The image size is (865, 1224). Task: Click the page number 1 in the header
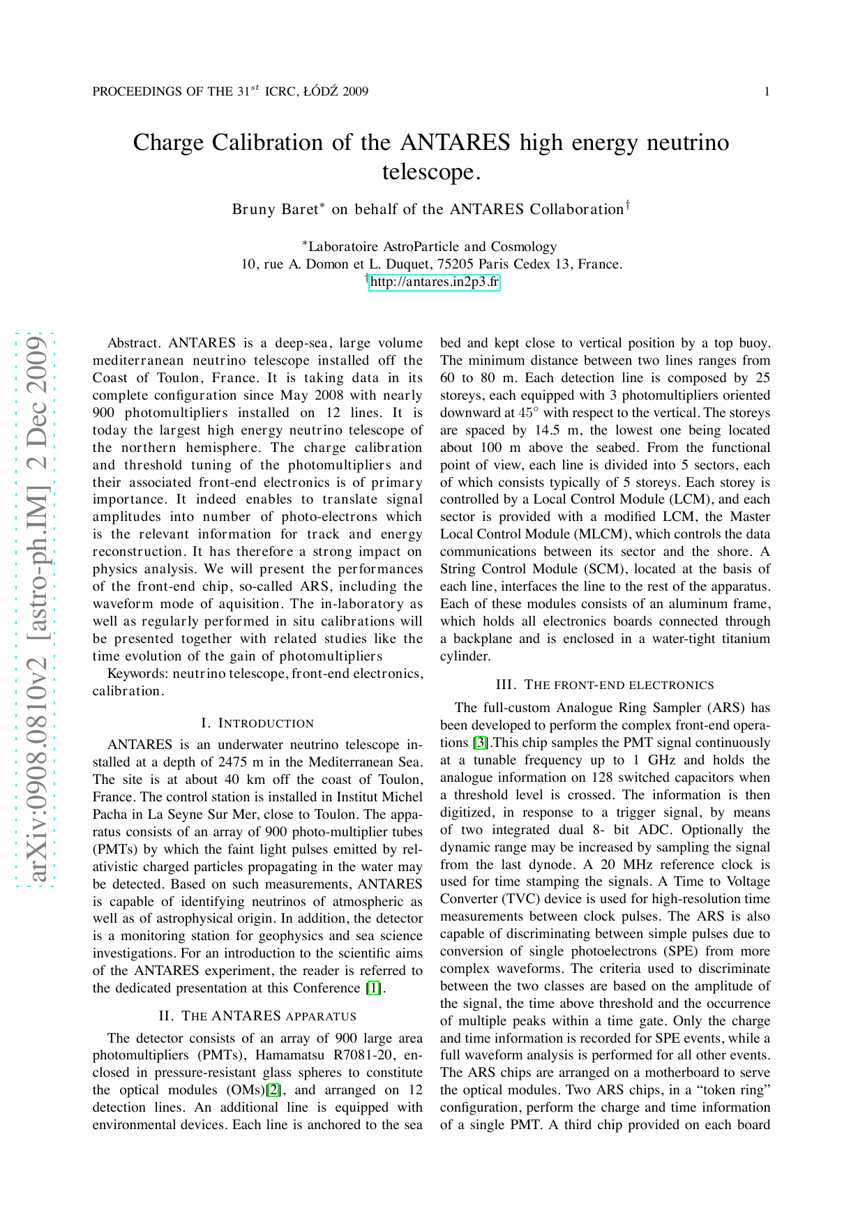(x=767, y=92)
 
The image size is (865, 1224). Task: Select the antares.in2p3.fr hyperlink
(x=434, y=282)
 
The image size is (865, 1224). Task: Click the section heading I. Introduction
(x=257, y=723)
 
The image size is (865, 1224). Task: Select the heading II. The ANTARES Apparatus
(x=257, y=1016)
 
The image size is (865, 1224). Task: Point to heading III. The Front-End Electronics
(x=605, y=685)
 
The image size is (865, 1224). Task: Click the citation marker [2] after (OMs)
(x=274, y=1090)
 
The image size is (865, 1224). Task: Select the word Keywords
(x=137, y=674)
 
